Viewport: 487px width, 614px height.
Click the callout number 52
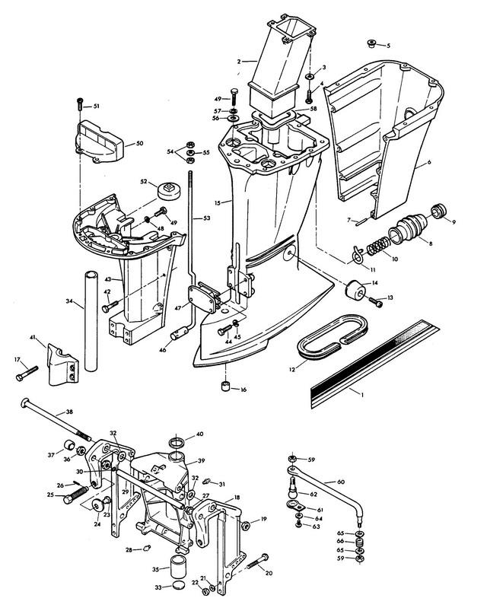(x=144, y=181)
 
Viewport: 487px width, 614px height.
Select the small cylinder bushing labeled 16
(x=224, y=386)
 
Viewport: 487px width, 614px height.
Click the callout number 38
(x=69, y=412)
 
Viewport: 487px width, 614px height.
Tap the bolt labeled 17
(x=27, y=373)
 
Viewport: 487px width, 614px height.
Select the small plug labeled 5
(x=371, y=43)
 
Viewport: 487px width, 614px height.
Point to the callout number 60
(x=341, y=482)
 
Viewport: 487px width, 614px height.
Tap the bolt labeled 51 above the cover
(x=79, y=103)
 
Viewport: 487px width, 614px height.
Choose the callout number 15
(x=218, y=203)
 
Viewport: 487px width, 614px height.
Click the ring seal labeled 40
(x=177, y=444)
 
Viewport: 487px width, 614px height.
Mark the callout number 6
(x=429, y=162)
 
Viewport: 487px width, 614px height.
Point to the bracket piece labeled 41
(x=62, y=364)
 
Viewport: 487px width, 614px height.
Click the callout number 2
(x=239, y=62)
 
